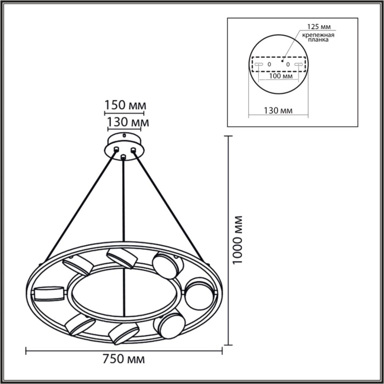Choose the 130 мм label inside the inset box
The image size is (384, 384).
click(x=279, y=110)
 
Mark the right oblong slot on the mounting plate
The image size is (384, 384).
click(x=299, y=64)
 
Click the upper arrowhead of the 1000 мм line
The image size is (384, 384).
click(x=229, y=139)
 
